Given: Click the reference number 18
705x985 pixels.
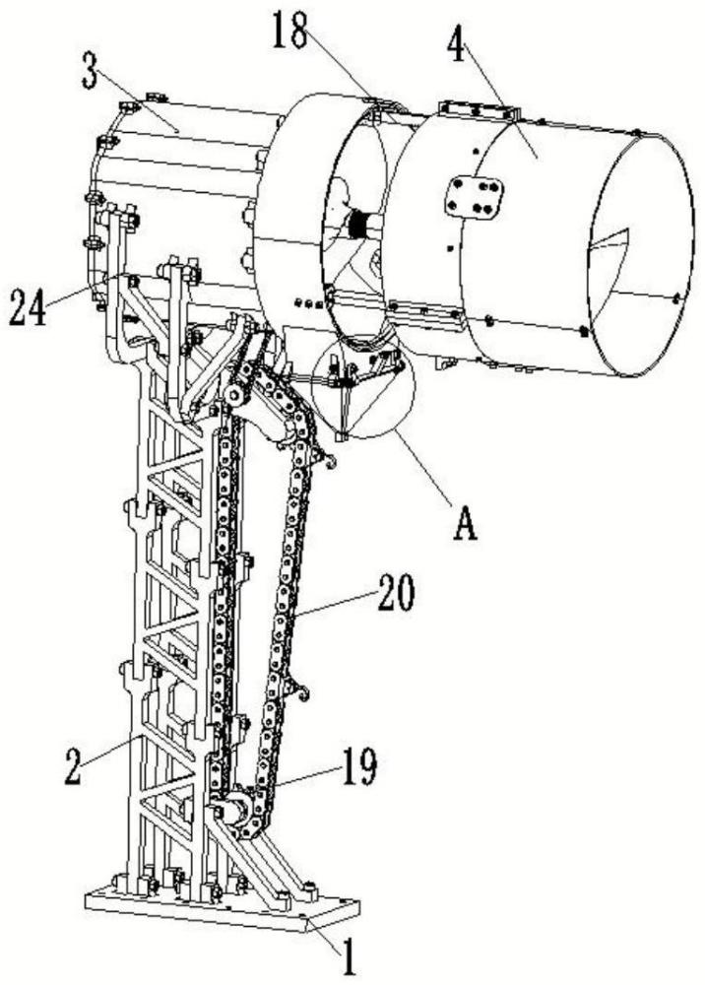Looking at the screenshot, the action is click(289, 31).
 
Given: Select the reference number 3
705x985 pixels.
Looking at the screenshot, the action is click(90, 73).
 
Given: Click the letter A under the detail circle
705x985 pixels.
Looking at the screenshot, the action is click(465, 523).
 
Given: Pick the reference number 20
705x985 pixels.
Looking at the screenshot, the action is click(395, 593).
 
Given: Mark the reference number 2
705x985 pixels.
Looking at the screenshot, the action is click(73, 766).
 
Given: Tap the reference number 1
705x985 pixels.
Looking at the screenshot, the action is click(349, 958).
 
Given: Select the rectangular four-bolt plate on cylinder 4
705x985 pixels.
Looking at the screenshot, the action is click(475, 197).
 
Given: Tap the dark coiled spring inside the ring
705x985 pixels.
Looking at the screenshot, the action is click(358, 225).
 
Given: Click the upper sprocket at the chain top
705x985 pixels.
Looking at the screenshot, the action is click(236, 394).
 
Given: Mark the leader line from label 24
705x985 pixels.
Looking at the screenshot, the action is click(83, 290).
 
